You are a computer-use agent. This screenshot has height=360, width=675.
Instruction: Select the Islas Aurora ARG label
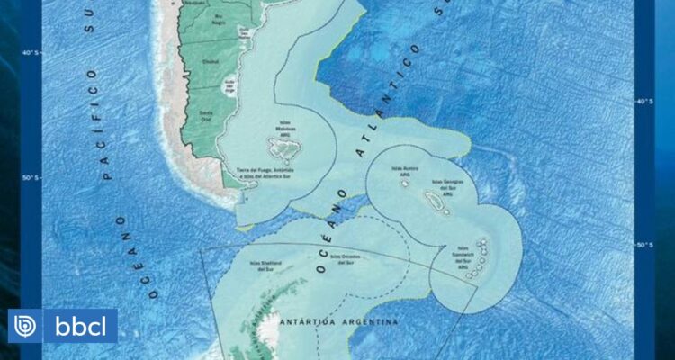402,169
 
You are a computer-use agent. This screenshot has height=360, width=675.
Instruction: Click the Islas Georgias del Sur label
449,184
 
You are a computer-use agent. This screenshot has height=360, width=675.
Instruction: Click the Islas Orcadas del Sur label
348,256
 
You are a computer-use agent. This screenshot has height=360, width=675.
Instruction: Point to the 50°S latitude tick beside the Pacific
28,177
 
